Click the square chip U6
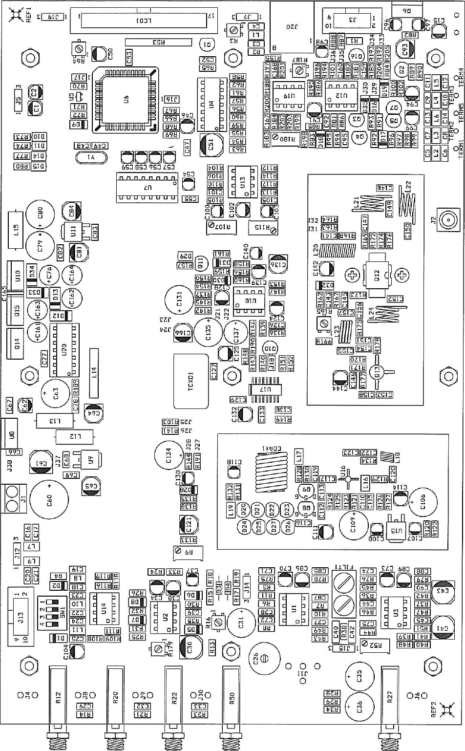pyautogui.click(x=126, y=100)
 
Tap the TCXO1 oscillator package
pyautogui.click(x=191, y=381)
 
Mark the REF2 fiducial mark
pyautogui.click(x=445, y=709)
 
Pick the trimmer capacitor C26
pyautogui.click(x=264, y=658)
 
